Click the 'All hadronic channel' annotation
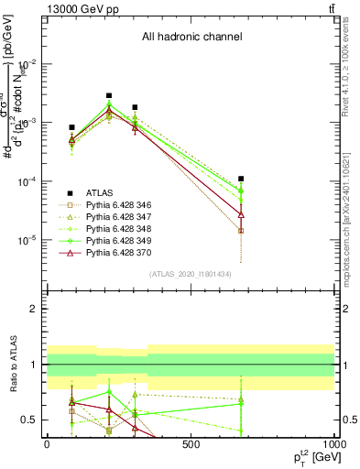pyautogui.click(x=191, y=38)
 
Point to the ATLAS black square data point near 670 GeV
pyautogui.click(x=241, y=179)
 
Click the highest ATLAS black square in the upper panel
pyautogui.click(x=109, y=95)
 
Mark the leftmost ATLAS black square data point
pyautogui.click(x=71, y=127)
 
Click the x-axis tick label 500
pyautogui.click(x=191, y=444)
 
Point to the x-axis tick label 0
pyautogui.click(x=47, y=444)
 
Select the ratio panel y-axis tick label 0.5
pyautogui.click(x=30, y=420)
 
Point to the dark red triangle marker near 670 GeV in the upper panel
pyautogui.click(x=241, y=214)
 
